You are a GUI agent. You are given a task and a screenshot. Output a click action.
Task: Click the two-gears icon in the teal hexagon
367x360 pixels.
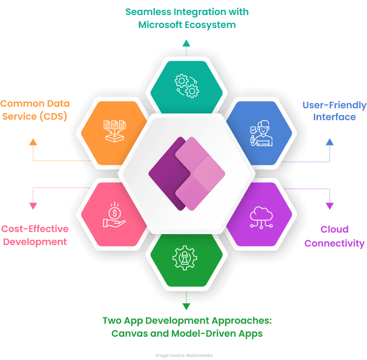tap(187, 86)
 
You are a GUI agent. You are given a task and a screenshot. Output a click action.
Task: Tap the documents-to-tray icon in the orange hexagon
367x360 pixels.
tap(115, 131)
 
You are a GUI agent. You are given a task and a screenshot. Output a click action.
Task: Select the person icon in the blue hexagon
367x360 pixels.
tap(261, 133)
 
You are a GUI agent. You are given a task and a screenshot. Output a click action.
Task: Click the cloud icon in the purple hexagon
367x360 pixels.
tap(261, 218)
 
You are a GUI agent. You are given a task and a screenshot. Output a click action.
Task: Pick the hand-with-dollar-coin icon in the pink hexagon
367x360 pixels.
tap(114, 214)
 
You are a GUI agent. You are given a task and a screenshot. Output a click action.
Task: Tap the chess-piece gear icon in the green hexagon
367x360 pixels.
tap(185, 258)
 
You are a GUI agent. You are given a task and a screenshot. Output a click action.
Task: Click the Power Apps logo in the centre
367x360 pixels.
tap(187, 174)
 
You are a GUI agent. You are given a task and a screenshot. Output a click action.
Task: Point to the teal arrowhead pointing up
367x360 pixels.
tap(186, 43)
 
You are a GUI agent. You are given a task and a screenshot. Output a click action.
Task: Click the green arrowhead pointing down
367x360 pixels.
tap(186, 307)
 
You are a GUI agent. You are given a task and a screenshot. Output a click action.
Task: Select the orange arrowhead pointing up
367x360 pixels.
tap(33, 142)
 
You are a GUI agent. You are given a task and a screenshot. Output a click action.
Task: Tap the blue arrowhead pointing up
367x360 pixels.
tap(330, 142)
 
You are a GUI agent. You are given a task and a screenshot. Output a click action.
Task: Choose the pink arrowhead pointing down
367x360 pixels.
tap(33, 206)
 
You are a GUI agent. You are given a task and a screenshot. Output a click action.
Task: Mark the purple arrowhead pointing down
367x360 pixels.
tap(330, 206)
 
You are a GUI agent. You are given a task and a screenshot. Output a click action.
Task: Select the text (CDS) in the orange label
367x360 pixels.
tap(53, 117)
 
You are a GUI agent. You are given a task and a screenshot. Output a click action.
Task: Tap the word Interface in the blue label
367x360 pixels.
tap(334, 117)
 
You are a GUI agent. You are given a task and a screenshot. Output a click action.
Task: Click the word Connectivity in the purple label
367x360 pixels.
tap(334, 243)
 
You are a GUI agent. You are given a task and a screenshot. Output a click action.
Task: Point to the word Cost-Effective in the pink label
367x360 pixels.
tap(35, 229)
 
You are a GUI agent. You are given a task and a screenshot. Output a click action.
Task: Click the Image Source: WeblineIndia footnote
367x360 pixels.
tap(184, 355)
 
